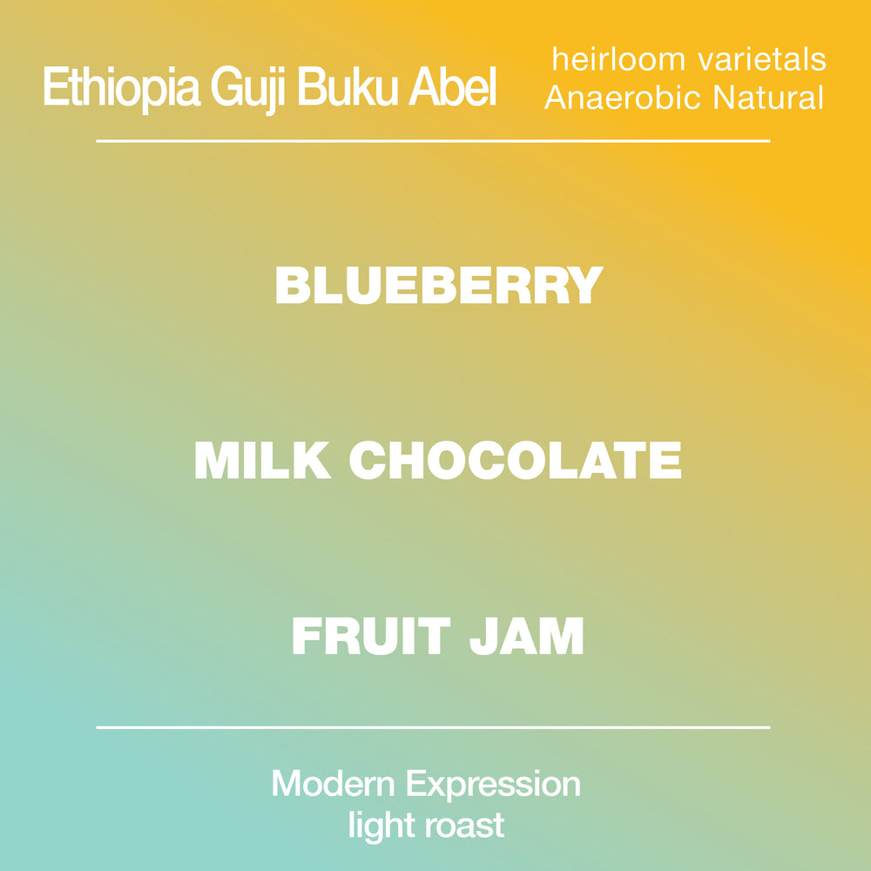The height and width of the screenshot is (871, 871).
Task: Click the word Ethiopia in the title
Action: tap(122, 88)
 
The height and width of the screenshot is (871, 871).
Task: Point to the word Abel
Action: tap(452, 86)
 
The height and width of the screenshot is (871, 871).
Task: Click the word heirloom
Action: tap(618, 59)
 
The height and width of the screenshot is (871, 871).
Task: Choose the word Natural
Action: tap(768, 98)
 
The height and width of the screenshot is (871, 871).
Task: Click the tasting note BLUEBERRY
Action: tap(439, 285)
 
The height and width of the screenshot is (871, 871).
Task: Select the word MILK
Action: tap(262, 460)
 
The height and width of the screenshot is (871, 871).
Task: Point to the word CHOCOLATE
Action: tap(515, 460)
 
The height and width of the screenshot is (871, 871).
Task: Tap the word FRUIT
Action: tap(370, 636)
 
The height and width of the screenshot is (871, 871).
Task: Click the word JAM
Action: tap(527, 636)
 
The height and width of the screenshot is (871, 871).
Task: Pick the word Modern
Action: tap(333, 784)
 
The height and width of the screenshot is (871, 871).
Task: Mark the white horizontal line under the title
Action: tap(433, 141)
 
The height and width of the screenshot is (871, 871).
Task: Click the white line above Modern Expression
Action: tap(433, 727)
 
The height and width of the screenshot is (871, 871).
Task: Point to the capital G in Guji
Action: tap(226, 86)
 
